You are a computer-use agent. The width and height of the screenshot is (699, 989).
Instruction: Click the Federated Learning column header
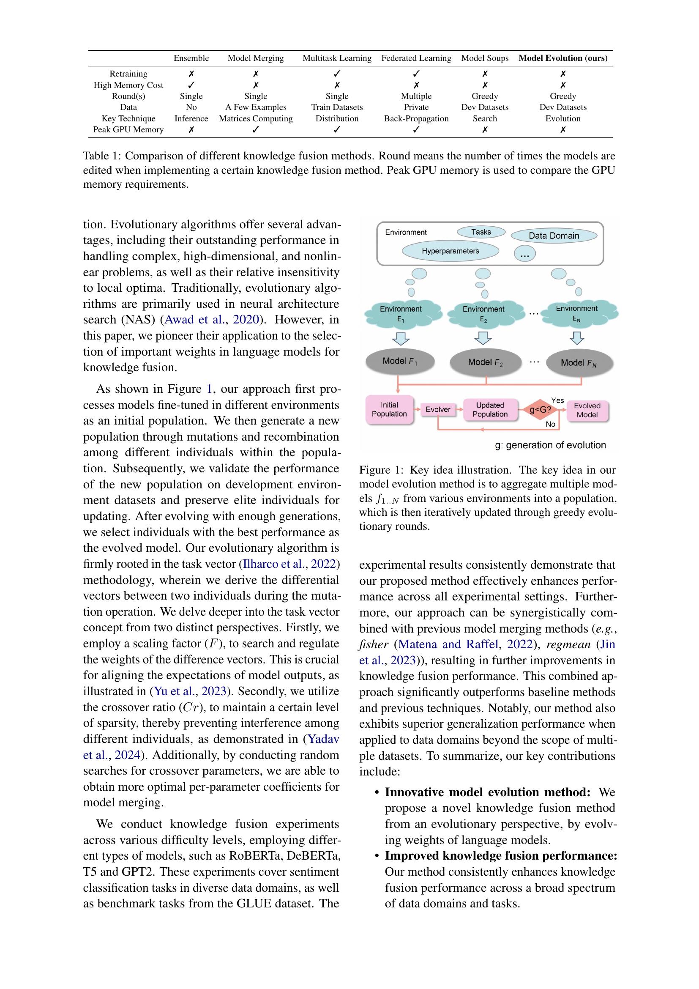pos(416,58)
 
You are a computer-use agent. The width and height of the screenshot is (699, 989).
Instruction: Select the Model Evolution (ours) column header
pos(562,58)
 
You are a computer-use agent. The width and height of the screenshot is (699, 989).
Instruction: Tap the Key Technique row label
pos(128,118)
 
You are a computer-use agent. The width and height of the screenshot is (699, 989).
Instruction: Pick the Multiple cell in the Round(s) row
pos(416,96)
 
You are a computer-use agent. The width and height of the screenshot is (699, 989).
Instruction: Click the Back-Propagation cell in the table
pos(416,118)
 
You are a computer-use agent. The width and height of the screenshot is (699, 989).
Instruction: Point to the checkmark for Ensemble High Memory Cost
pos(191,85)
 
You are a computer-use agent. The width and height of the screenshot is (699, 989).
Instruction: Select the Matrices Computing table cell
pos(256,118)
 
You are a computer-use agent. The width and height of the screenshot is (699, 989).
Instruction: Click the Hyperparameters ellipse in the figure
pos(450,251)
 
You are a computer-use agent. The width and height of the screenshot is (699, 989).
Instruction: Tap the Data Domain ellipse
pos(554,236)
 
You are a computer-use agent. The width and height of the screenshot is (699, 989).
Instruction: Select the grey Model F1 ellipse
pos(400,362)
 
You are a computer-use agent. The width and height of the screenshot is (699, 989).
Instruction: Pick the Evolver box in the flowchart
pos(438,410)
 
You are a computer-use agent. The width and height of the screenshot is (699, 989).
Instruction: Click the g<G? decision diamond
pos(540,410)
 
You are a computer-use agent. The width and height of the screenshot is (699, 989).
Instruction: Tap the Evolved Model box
pos(587,410)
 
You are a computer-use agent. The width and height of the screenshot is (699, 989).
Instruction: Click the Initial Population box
pos(389,410)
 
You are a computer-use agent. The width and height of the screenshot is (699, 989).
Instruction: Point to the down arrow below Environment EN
pos(577,338)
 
